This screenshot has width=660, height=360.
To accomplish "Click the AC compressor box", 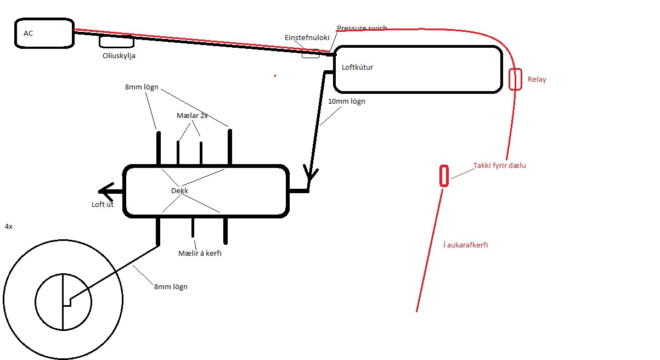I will pos(44,33).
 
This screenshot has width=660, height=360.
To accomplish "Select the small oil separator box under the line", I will pos(116,42).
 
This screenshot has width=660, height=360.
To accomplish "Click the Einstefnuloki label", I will pos(307,37).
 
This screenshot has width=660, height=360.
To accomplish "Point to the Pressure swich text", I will pos(362,28).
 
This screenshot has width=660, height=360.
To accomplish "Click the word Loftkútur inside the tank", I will pos(358,67).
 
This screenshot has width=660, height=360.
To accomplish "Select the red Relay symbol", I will pos(515,79).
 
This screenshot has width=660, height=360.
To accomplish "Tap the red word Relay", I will pos(537,79).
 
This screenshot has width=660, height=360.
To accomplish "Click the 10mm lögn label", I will pos(346,102).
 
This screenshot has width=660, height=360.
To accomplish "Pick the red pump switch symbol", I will pos(444,176).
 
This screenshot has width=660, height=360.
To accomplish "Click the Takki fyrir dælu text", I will pos(499,165).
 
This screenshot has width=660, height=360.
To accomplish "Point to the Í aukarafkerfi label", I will pos(465,245).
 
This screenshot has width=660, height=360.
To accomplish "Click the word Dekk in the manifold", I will pos(179,191).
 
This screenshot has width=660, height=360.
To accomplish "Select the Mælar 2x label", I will pos(192,116).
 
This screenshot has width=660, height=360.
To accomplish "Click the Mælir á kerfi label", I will pos(200,253).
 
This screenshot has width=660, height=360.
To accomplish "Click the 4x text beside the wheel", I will pos(8,226).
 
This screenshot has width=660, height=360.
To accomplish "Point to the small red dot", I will pos(275,75).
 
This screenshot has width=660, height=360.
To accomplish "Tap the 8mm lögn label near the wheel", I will pos(171,286).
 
